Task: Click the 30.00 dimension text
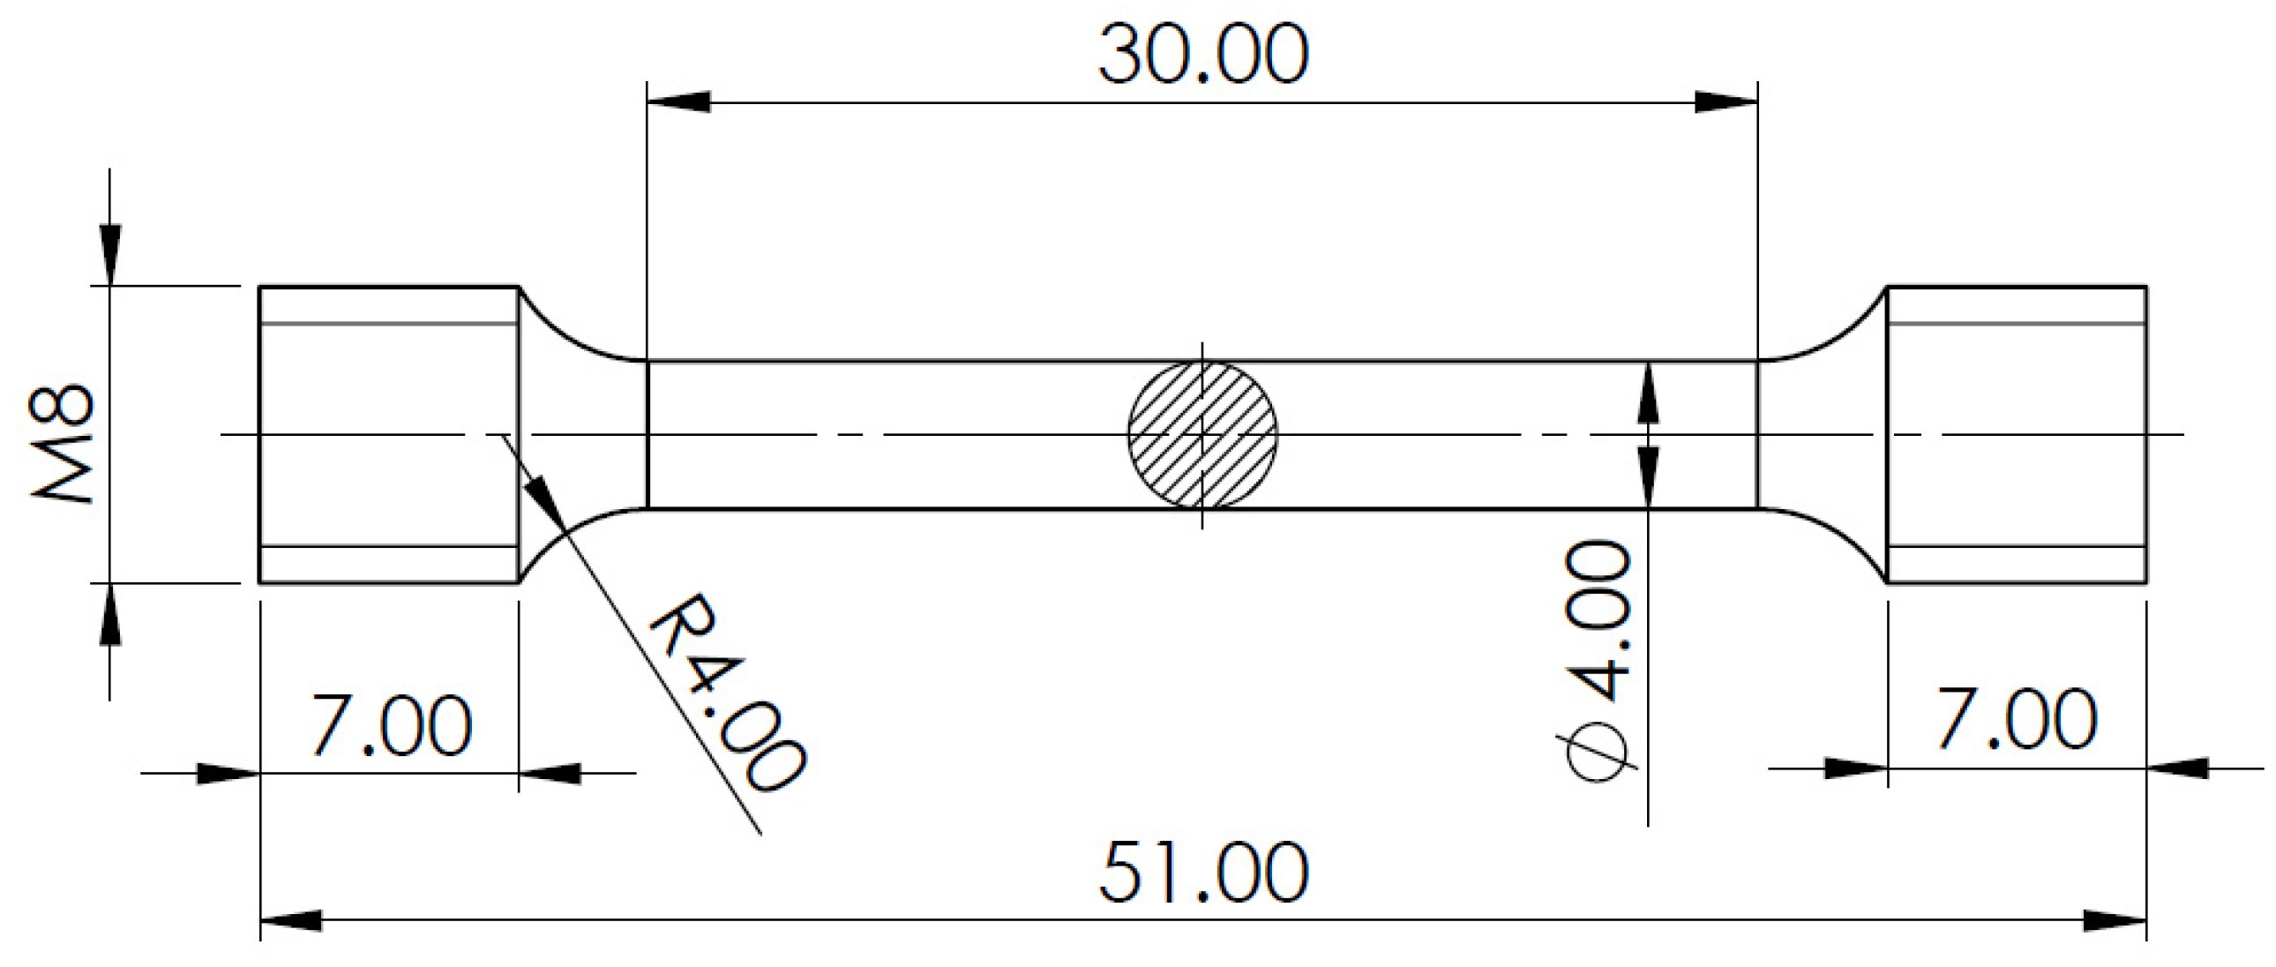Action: (1202, 55)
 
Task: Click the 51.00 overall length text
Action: (1202, 873)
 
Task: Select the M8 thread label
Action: (62, 444)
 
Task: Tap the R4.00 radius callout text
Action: (726, 693)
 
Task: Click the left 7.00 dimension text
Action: (392, 724)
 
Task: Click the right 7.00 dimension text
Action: (2017, 719)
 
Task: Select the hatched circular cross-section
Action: (1202, 435)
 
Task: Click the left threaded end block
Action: (389, 435)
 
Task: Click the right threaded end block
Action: (2018, 435)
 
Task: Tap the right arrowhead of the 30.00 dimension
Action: (1726, 101)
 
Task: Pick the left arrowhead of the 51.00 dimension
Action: (292, 920)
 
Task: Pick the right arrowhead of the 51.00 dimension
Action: (2115, 920)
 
